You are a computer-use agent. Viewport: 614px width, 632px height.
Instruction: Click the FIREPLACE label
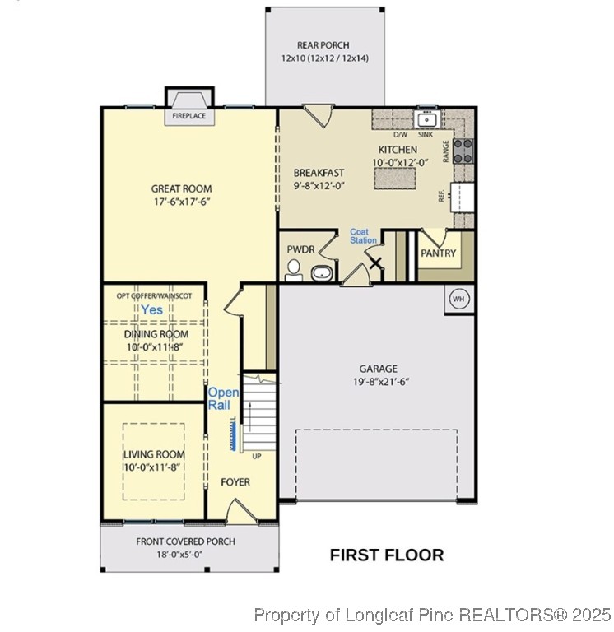(x=188, y=118)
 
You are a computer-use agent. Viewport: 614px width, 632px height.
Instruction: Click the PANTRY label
(x=438, y=253)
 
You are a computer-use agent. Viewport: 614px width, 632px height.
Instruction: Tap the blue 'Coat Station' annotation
(x=363, y=236)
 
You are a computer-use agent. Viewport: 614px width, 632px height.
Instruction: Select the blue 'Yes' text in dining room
(x=151, y=309)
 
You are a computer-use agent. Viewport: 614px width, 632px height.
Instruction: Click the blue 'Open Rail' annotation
(x=224, y=399)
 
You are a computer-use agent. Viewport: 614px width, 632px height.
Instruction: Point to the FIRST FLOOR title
(x=387, y=555)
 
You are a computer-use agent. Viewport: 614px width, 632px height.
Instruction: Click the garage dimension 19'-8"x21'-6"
(x=378, y=382)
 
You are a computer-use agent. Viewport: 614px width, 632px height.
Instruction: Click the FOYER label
(x=235, y=482)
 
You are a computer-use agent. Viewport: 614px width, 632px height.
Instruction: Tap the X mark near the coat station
(x=375, y=264)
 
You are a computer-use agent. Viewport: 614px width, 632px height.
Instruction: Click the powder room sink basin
(x=323, y=272)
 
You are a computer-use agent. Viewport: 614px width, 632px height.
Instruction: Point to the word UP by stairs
(x=257, y=456)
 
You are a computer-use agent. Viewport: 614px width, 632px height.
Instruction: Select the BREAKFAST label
(x=319, y=173)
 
